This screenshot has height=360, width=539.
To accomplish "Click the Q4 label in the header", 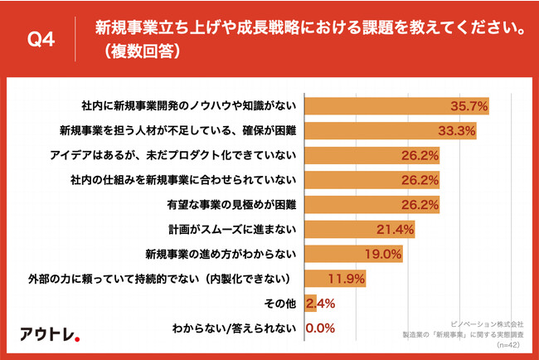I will click(41, 40).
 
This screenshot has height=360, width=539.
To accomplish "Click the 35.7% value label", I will click(467, 105).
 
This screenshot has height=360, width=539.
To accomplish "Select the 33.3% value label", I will click(455, 130).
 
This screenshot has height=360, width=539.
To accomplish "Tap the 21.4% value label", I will click(395, 228).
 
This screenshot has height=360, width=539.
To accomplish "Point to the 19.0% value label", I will click(382, 253).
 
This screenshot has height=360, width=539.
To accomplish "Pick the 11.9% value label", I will click(347, 278).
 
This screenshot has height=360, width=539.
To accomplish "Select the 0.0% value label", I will click(319, 328).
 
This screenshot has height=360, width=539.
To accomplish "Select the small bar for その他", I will click(310, 303).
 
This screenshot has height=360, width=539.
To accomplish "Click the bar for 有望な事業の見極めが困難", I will click(372, 204).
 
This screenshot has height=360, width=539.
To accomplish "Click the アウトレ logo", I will click(50, 333).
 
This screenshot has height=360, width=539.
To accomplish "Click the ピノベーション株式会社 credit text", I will click(488, 319).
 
